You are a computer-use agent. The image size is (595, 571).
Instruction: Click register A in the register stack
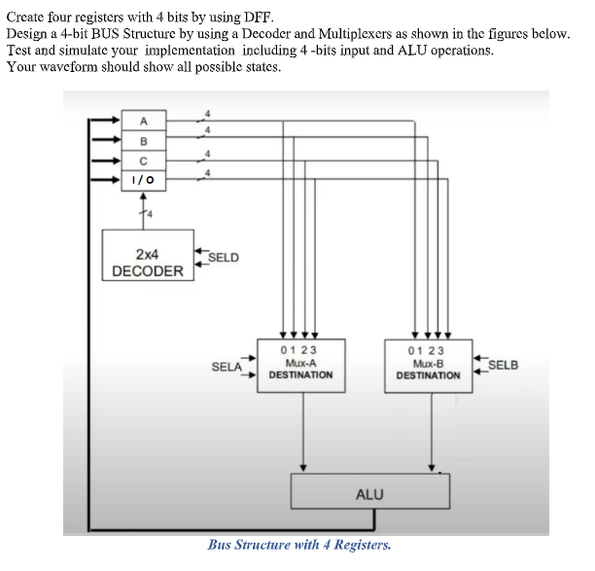(x=143, y=121)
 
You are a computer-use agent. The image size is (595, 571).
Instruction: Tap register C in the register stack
(x=143, y=161)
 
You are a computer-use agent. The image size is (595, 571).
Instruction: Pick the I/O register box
(x=143, y=180)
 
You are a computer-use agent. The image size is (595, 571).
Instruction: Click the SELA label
(x=227, y=367)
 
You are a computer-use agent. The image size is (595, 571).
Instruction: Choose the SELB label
(x=503, y=366)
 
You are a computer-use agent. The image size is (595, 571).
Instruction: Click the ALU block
(x=369, y=493)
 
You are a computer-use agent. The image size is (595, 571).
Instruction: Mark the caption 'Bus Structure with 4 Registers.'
(x=299, y=545)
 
